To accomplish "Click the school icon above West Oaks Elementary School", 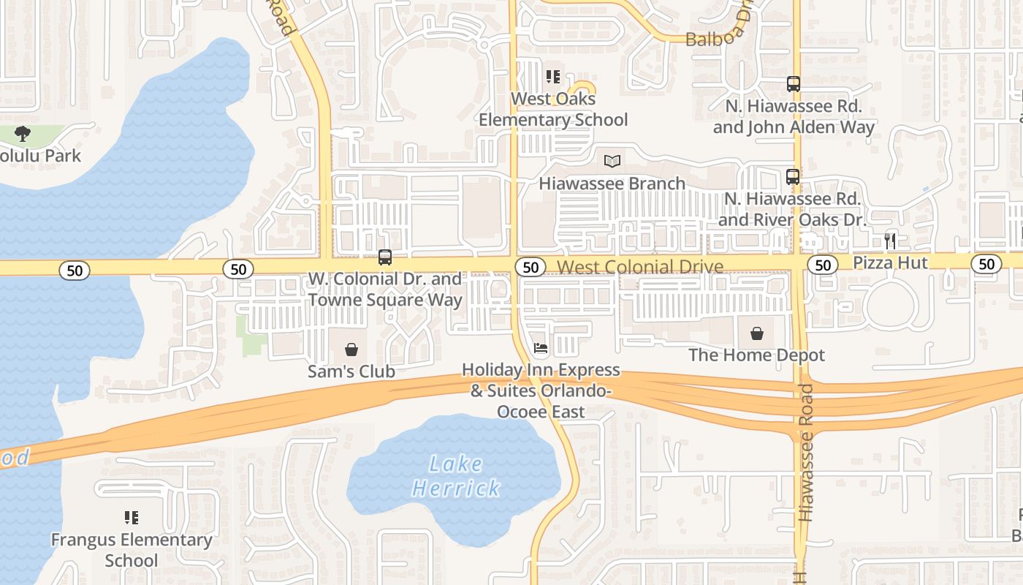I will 553,76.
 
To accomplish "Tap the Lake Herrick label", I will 457,476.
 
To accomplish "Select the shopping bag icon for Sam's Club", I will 351,350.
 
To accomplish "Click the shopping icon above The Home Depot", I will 757,333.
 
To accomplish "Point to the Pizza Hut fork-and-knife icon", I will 890,240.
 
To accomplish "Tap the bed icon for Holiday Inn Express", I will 540,348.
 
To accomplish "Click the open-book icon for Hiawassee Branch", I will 612,161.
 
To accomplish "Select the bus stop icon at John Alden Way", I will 794,84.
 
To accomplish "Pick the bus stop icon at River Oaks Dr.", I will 793,176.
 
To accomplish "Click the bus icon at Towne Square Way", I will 385,257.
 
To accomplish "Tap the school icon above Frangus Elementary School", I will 132,518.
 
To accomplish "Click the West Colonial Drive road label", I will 640,267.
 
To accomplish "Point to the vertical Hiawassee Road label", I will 806,453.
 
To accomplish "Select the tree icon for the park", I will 23,134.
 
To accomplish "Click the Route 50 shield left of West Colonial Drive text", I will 531,267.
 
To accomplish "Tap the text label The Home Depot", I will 756,355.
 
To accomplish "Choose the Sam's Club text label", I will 351,371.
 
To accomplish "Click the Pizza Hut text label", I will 890,263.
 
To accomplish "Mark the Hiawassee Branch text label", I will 612,184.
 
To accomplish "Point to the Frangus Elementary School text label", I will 132,550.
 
